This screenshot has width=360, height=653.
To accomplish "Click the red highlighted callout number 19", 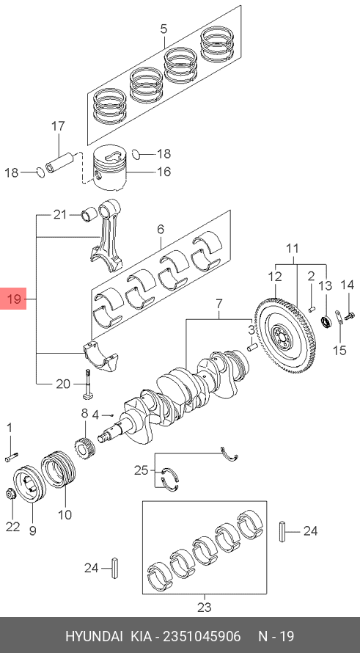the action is tap(13, 299).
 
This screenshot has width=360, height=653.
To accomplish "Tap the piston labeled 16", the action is tap(109, 167).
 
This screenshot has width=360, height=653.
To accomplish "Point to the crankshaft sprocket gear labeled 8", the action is tap(85, 447).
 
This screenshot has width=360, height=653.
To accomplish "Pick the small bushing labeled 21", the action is tap(89, 215).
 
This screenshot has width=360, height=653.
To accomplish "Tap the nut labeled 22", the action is tap(11, 495).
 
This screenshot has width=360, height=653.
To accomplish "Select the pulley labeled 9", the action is tap(29, 484).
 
